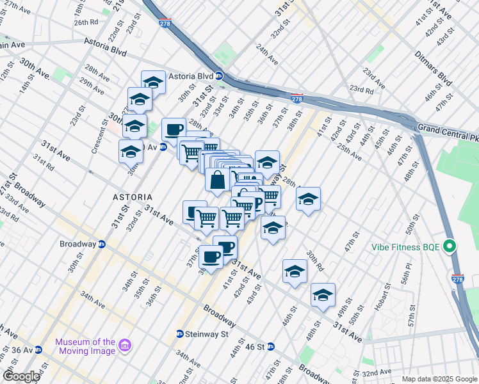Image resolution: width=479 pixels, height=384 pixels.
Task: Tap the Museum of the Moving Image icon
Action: tap(126, 346)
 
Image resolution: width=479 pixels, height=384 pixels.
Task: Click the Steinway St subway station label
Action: tap(207, 333)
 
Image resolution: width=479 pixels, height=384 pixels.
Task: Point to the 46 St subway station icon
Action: tap(270, 347)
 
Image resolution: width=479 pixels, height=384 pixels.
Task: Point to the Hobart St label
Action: tap(384, 300)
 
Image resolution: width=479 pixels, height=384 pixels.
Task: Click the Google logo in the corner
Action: tap(21, 376)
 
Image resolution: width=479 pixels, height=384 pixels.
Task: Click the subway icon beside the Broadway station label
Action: tap(102, 244)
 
